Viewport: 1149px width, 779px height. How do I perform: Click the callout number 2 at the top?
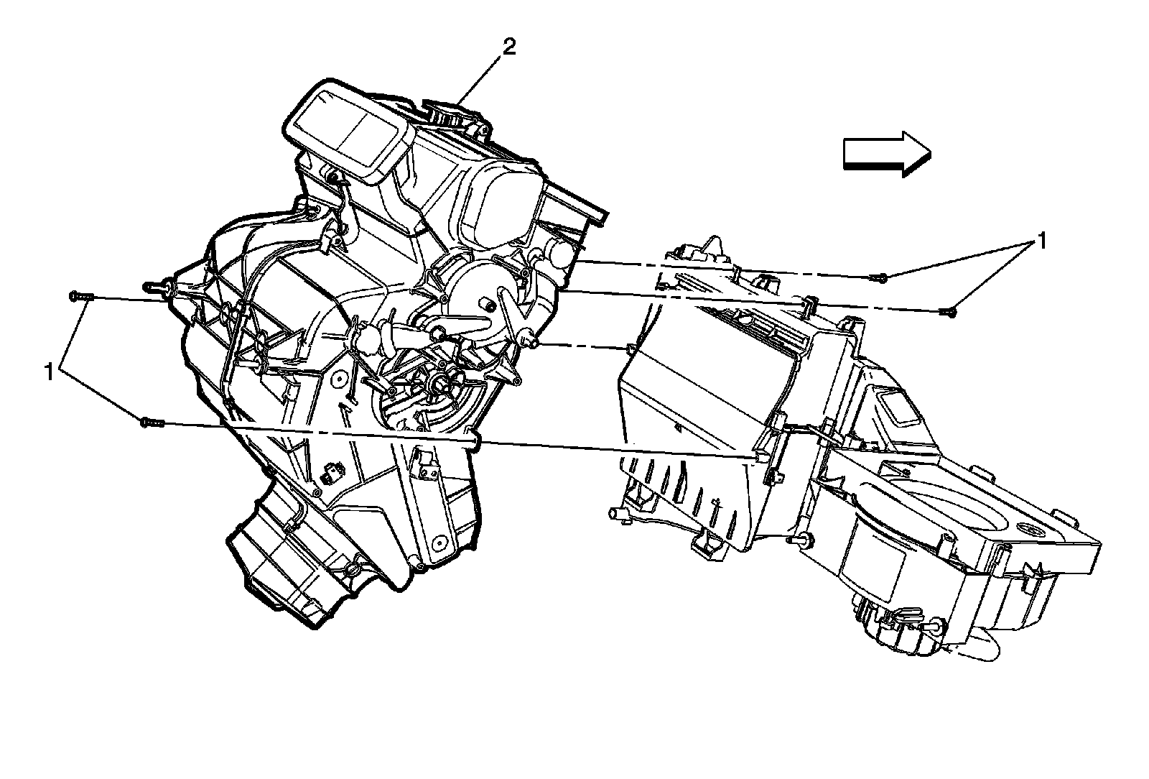pos(508,47)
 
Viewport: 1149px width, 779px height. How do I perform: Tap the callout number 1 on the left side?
pos(50,372)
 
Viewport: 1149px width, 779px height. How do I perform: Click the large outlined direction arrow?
pos(886,154)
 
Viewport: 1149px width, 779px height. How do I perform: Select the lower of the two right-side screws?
pos(947,310)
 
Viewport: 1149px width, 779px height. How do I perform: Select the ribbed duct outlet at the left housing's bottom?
pos(287,561)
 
